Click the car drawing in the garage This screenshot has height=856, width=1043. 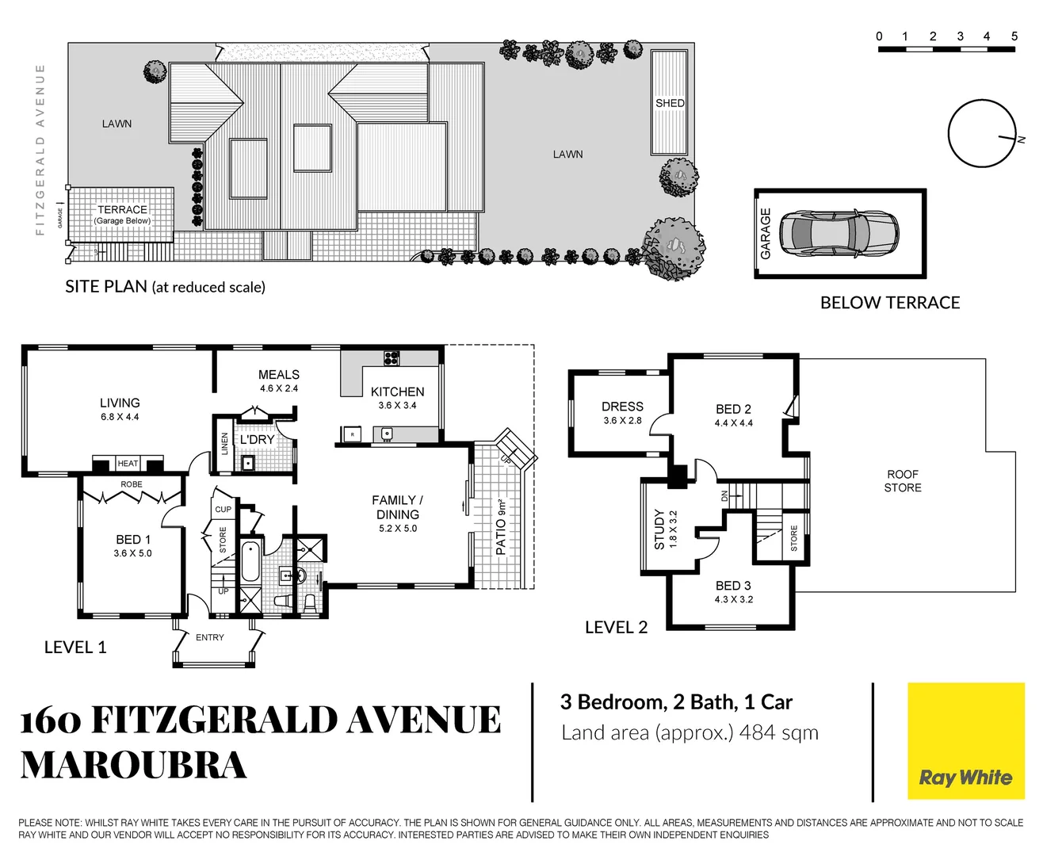click(x=839, y=233)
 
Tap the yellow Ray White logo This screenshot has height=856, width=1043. click(x=965, y=741)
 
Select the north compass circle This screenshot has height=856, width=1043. click(x=981, y=133)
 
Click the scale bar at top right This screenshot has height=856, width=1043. click(x=946, y=49)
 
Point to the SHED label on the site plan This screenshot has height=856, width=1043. click(x=670, y=103)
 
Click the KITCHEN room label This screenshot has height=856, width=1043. click(x=397, y=392)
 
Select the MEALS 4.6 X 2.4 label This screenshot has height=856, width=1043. click(x=279, y=380)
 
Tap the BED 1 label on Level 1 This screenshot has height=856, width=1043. click(x=132, y=540)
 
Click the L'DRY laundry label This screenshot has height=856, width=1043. click(x=258, y=439)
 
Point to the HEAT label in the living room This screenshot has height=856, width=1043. click(x=128, y=464)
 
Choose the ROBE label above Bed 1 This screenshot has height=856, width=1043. click(x=132, y=484)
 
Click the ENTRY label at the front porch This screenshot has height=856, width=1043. click(x=210, y=637)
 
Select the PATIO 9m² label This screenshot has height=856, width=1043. click(x=501, y=526)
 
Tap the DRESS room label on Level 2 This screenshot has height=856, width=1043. click(x=622, y=407)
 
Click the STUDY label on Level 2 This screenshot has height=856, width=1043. click(x=659, y=529)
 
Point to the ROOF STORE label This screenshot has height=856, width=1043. click(x=903, y=481)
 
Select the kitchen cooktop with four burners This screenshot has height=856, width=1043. click(x=392, y=357)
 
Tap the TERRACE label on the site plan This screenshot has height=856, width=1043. click(x=122, y=210)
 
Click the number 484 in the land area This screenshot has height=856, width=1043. click(x=756, y=733)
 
